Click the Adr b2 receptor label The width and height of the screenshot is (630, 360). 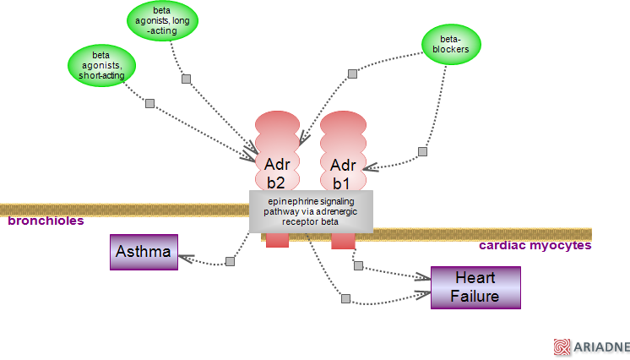click(x=276, y=172)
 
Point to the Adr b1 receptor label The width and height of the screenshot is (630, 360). click(x=343, y=173)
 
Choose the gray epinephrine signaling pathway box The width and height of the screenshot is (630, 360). click(x=311, y=211)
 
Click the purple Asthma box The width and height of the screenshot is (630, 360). click(x=144, y=252)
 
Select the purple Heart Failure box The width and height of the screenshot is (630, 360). click(x=475, y=287)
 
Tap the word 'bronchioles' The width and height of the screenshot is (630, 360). click(x=46, y=221)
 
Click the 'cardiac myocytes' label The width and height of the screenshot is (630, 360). click(x=535, y=246)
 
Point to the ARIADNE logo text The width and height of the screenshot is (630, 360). click(x=600, y=346)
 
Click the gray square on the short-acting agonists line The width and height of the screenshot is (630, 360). click(x=149, y=103)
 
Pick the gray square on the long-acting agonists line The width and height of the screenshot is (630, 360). click(x=186, y=79)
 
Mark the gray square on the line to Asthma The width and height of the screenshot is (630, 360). click(x=229, y=261)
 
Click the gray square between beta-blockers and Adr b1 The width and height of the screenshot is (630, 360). click(x=422, y=152)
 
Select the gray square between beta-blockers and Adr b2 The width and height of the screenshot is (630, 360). click(x=354, y=74)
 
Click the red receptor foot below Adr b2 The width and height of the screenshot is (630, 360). click(x=277, y=241)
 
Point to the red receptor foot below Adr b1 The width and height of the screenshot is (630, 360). click(x=342, y=242)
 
